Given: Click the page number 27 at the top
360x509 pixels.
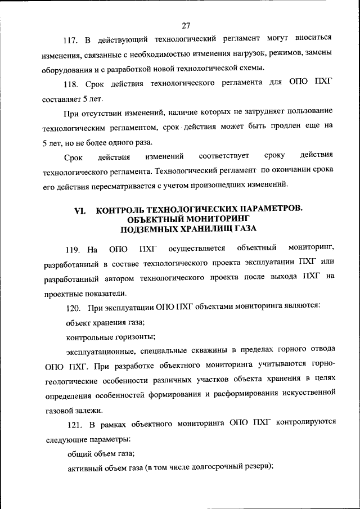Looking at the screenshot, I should (187, 25).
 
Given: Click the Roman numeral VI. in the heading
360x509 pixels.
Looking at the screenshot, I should (80, 209).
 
